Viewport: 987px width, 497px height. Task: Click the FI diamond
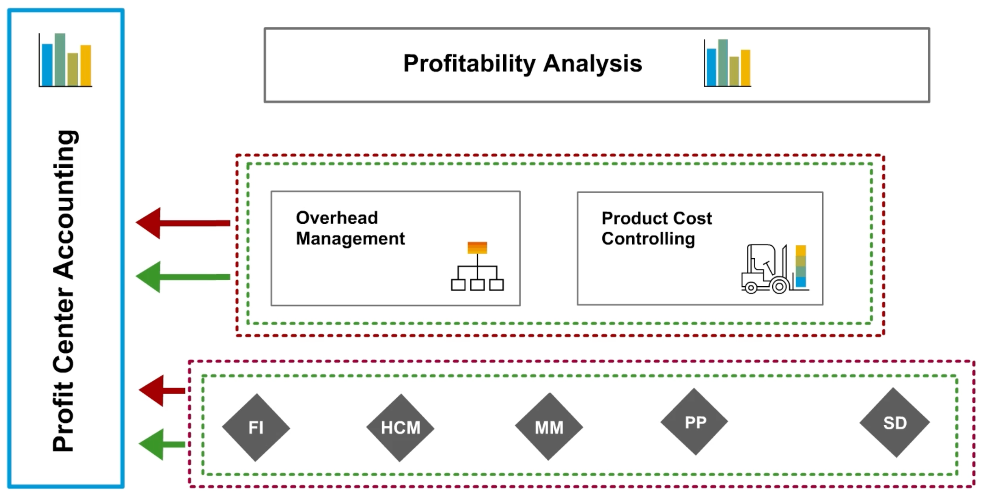coord(256,428)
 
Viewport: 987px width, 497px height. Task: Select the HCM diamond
coord(400,428)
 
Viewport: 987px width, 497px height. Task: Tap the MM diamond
coord(549,427)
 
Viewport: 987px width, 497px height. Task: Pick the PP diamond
coord(694,422)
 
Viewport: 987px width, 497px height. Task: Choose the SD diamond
coord(895,423)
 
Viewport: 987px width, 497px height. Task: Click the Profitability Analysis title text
coord(523,63)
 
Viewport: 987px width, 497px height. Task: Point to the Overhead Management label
coord(350,228)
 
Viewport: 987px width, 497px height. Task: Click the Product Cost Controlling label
coord(656,228)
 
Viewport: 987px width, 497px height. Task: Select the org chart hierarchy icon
coord(477,266)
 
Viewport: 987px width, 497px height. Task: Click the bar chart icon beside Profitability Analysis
coord(727,63)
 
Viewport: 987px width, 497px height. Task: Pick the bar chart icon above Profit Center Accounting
coord(65,60)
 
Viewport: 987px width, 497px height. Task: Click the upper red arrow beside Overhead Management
coord(183,223)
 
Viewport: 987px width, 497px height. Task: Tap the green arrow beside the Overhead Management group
coord(183,277)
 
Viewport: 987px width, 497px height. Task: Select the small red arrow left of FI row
coord(162,391)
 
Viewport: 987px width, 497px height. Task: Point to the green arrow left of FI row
coord(162,444)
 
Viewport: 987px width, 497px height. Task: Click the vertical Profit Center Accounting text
coord(64,291)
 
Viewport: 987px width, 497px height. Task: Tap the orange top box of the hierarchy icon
coord(477,248)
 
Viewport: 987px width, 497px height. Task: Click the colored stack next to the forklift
coord(801,266)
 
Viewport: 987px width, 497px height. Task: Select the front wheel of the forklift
coord(779,286)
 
